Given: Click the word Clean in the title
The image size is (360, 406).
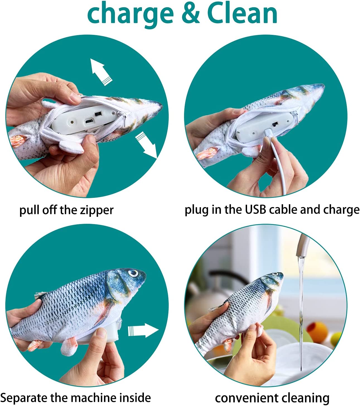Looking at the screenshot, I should (242, 15).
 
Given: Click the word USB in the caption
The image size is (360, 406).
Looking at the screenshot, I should (255, 210).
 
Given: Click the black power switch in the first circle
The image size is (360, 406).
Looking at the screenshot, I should (98, 114).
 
